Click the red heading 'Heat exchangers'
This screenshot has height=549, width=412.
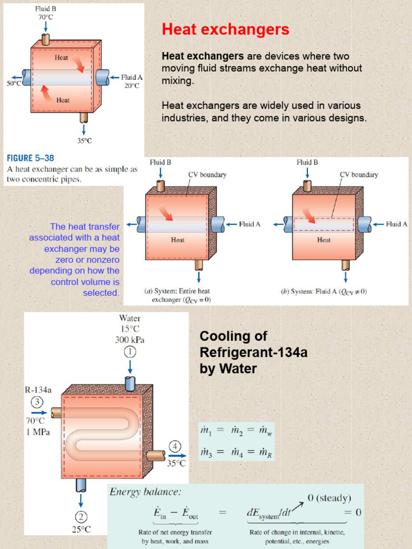(x=225, y=29)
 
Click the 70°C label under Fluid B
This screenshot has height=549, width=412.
(x=46, y=17)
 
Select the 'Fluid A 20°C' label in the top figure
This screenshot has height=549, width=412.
(x=131, y=81)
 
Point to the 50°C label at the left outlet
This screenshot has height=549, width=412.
(x=13, y=84)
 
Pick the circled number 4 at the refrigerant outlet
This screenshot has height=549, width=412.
(x=176, y=447)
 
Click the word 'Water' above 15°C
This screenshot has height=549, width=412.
(x=130, y=318)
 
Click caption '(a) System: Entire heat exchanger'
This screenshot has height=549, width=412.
(x=178, y=295)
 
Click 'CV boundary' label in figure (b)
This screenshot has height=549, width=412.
(x=359, y=175)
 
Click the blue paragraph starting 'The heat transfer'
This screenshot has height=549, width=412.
(x=75, y=259)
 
